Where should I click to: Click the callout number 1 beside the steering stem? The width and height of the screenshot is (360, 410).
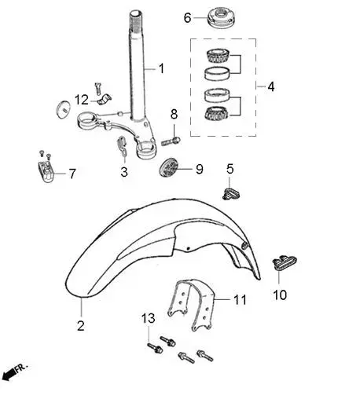(161, 68)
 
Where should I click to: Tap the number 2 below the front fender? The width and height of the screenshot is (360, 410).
(81, 326)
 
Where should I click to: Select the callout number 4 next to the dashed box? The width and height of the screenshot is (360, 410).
(271, 86)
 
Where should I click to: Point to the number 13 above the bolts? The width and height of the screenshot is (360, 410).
(148, 319)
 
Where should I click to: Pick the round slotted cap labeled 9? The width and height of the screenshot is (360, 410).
(169, 167)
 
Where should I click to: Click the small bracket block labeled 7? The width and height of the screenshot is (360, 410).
(46, 170)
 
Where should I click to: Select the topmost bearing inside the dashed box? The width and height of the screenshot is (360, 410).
(218, 56)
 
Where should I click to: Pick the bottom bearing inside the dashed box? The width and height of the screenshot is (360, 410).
(216, 113)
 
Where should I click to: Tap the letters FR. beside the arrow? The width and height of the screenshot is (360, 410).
(20, 368)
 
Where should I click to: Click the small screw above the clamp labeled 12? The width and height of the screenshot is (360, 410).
(97, 89)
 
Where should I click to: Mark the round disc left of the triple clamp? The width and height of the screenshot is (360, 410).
(64, 109)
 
